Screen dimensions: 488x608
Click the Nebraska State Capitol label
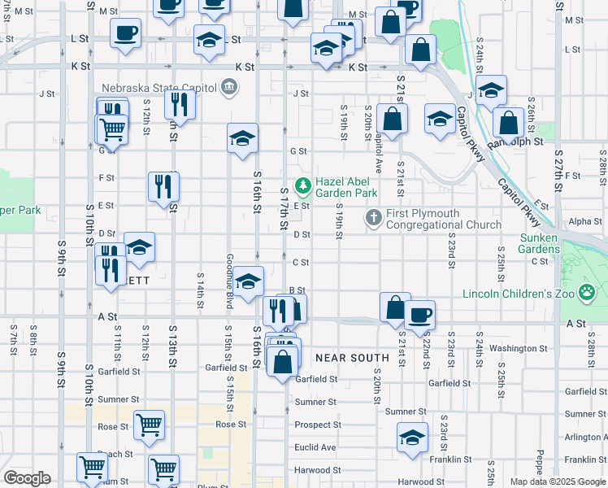point(158,88)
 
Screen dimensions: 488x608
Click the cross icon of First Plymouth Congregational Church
point(374,218)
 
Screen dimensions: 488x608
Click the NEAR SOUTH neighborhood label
point(352,357)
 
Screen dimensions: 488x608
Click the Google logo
point(27,478)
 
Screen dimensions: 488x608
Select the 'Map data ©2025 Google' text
point(557,481)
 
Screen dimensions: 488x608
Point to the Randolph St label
point(514,142)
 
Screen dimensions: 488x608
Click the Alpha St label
point(584,221)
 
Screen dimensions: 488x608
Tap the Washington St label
point(519,348)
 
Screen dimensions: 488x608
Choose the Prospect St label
point(318,425)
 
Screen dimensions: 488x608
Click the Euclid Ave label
point(315,447)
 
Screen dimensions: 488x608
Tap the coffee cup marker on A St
point(419,314)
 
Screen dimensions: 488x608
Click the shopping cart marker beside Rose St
point(150,424)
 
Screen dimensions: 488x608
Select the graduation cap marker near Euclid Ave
point(413,438)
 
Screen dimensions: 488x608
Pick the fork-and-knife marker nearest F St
point(163,185)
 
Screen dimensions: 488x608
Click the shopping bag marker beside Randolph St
point(508,122)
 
